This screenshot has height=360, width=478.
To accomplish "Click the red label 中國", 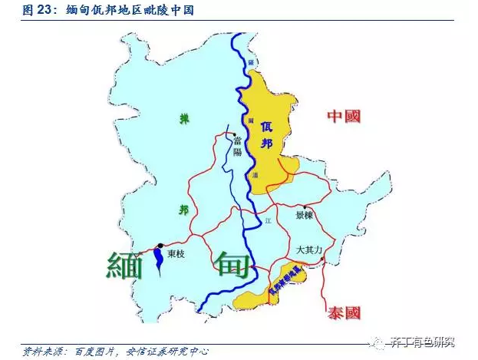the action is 344,116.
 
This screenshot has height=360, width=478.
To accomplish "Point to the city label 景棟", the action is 305,216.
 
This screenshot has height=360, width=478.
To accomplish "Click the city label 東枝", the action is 178,253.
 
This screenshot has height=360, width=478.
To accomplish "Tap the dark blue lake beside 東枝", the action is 158,258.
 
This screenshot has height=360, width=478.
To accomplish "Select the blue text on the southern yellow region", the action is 282,284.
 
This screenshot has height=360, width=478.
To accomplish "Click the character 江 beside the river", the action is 268,220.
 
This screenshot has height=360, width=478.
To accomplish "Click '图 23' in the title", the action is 37,12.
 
